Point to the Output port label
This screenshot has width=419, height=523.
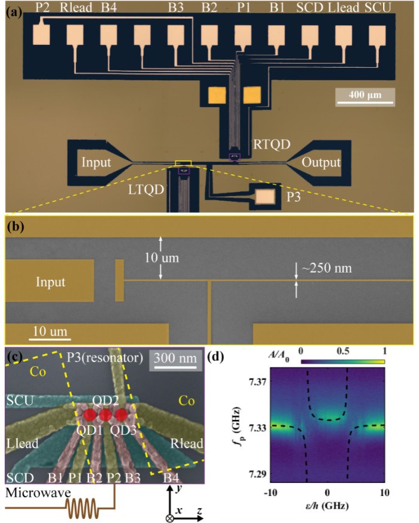click(320, 162)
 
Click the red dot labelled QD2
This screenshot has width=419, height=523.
click(105, 415)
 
